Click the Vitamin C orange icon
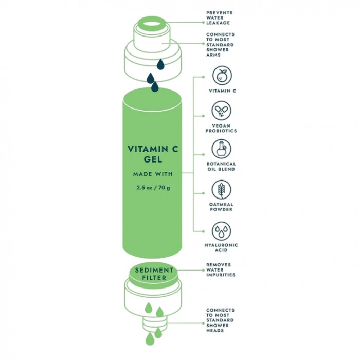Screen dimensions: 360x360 click(x=222, y=76)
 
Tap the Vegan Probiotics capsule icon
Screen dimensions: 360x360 click(x=222, y=111)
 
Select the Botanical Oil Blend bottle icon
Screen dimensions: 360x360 click(x=222, y=149)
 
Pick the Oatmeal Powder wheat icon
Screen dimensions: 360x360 click(x=222, y=189)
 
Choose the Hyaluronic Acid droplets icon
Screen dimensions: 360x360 click(x=222, y=230)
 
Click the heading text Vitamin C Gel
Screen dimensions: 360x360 click(x=153, y=154)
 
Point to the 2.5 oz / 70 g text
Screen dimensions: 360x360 click(x=153, y=187)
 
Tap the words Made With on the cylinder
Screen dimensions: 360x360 click(x=153, y=174)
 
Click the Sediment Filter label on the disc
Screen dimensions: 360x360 click(x=151, y=274)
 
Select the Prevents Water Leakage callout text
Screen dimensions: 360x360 click(x=219, y=17)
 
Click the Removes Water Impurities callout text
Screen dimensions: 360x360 click(x=221, y=270)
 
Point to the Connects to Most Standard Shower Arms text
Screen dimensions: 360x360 click(x=220, y=45)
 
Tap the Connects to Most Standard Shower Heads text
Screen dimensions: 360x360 click(x=220, y=320)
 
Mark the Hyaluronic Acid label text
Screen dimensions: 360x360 click(x=222, y=248)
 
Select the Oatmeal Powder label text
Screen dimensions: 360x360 click(x=222, y=207)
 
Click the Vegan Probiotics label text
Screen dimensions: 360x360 click(x=222, y=129)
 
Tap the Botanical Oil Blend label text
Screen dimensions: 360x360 click(x=222, y=167)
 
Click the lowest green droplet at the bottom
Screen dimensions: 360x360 click(x=150, y=338)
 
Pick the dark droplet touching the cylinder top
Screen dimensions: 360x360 click(x=155, y=88)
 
